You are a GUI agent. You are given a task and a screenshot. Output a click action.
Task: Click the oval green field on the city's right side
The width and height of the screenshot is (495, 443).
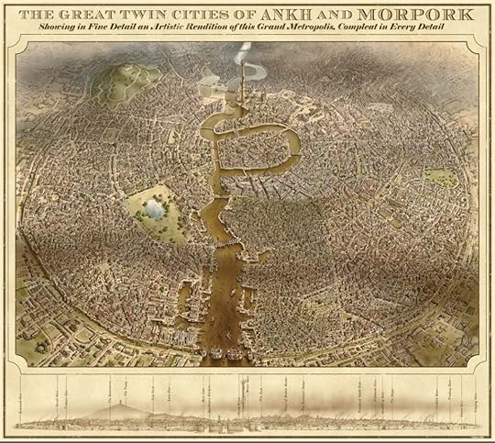tap(441, 176)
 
